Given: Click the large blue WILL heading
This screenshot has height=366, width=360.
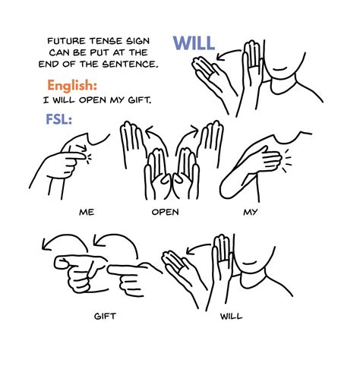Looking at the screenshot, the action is (x=194, y=43).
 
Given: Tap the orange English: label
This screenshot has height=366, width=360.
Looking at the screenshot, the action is (x=72, y=86).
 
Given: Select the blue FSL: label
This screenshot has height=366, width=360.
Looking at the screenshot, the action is (x=58, y=119).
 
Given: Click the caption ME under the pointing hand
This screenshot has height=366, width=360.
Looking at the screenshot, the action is (x=87, y=212).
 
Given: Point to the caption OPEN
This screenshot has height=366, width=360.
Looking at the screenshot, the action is (x=165, y=212).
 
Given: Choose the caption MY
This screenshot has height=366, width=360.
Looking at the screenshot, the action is (x=251, y=212).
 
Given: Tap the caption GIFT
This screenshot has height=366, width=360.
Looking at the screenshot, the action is (x=105, y=316).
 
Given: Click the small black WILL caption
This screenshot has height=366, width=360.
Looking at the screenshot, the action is (x=231, y=316).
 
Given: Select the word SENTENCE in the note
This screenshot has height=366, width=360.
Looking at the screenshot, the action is (x=130, y=65).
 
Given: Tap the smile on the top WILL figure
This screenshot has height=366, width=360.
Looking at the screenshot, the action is (x=279, y=70).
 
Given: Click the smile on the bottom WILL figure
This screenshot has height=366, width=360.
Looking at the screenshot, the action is (x=249, y=263).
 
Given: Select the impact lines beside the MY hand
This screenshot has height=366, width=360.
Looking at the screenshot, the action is (x=287, y=161).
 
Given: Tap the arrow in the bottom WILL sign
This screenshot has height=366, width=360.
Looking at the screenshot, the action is (x=197, y=248).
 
